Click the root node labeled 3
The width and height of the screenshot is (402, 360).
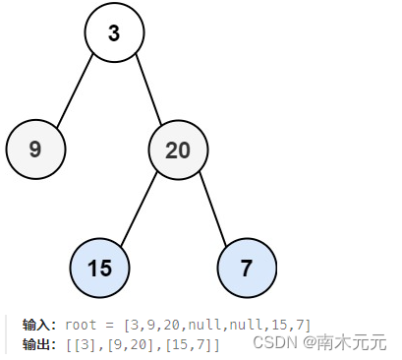point(114,33)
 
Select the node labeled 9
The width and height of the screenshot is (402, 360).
point(35,150)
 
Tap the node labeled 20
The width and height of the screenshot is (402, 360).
point(178,150)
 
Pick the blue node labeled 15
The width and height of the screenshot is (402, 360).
point(100,268)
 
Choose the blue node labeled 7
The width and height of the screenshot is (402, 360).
point(247,268)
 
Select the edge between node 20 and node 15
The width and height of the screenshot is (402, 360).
point(139,209)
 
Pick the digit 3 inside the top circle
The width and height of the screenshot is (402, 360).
point(114,33)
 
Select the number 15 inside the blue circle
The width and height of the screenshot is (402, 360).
point(100,268)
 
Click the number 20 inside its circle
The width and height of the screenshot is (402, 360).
point(178,150)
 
